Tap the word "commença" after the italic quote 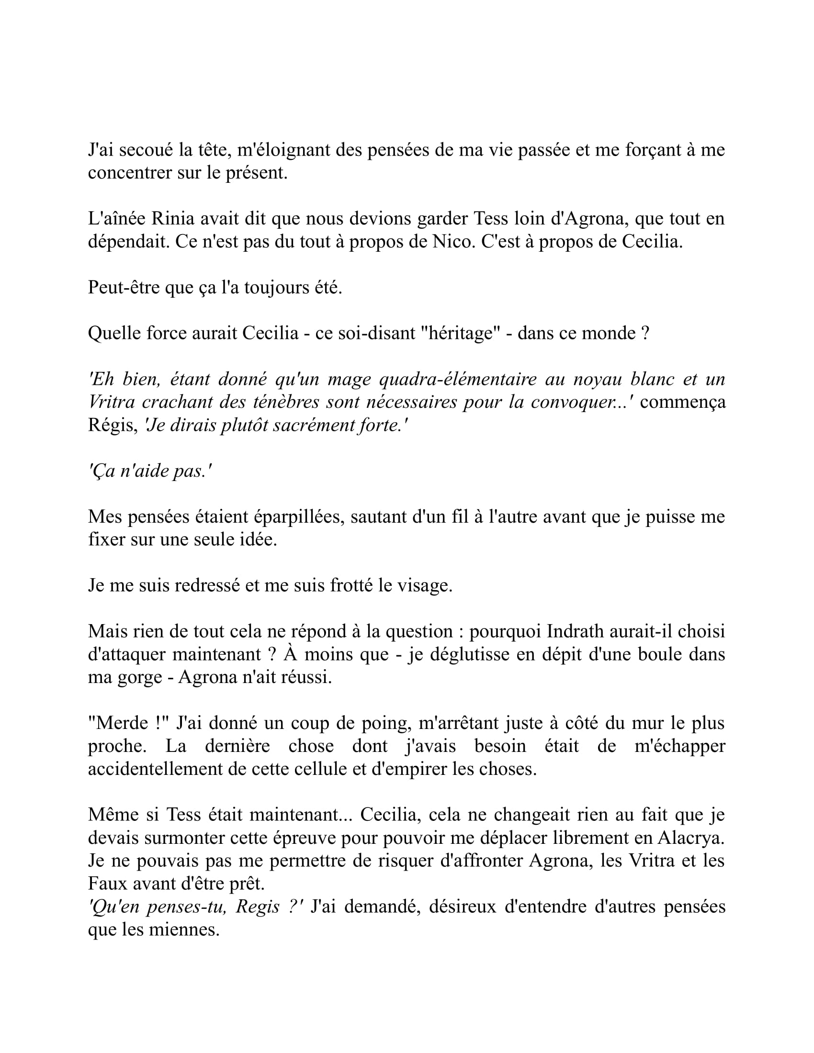coord(682,402)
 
